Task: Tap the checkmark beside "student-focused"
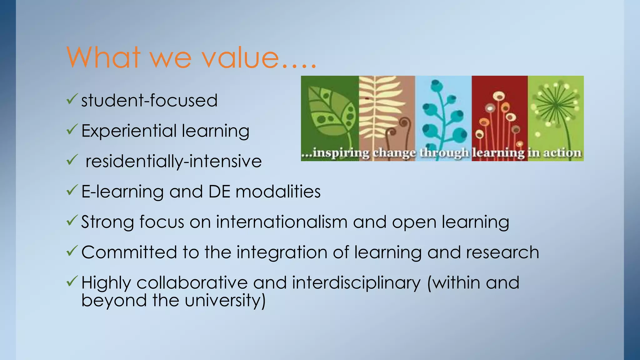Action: (x=72, y=99)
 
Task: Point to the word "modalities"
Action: (x=278, y=191)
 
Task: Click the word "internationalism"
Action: (x=282, y=222)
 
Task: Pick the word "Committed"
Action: (x=129, y=252)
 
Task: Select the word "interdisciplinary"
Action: (x=357, y=283)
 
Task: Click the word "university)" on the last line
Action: (x=225, y=301)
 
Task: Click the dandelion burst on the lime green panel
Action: (x=556, y=105)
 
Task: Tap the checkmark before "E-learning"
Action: (x=72, y=190)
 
